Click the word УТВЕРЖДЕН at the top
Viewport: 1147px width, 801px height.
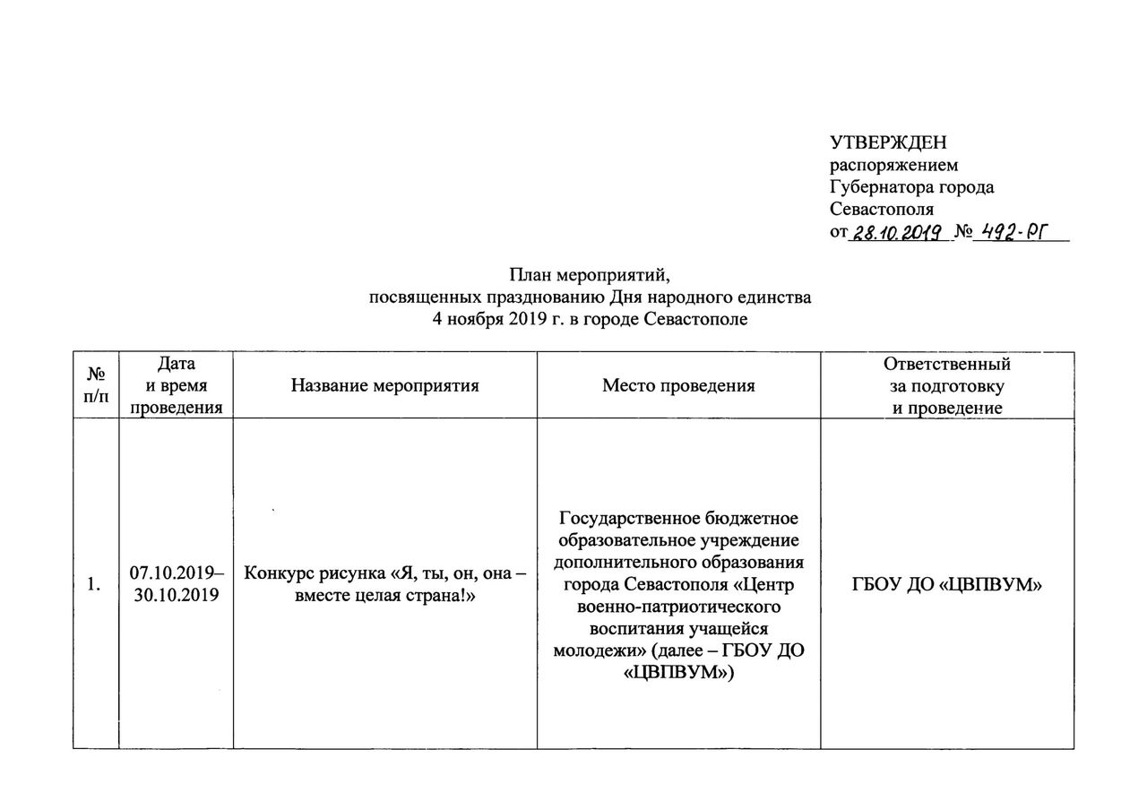(x=888, y=143)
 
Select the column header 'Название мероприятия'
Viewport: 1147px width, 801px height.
(x=384, y=385)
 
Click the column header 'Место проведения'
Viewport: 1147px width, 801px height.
(x=678, y=385)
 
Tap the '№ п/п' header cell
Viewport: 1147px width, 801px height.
(x=96, y=385)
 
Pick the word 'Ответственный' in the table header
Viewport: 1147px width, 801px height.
(x=946, y=364)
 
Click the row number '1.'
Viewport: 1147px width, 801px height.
(x=94, y=585)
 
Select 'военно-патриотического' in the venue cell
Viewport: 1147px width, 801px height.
(x=678, y=607)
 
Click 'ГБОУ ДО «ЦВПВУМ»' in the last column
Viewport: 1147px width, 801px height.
(x=946, y=585)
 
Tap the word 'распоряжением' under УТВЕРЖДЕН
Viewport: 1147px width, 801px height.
(x=893, y=165)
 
